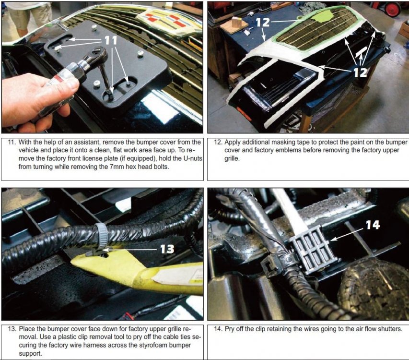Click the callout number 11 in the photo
pos(111,40)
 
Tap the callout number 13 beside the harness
pos(167,249)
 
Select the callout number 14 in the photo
pos(373,225)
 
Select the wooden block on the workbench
pos(237,22)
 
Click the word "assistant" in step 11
pos(86,142)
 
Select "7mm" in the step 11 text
pos(117,167)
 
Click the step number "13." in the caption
pos(12,329)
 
